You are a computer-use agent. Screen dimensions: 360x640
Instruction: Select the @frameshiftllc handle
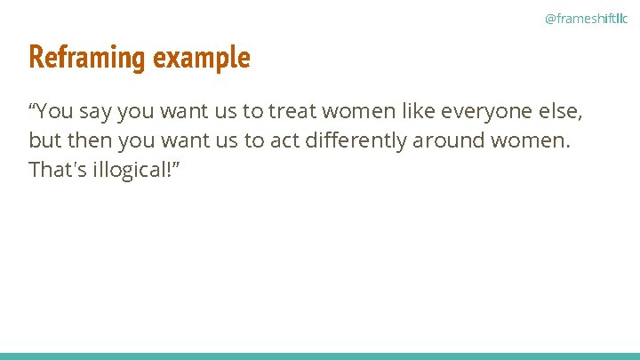click(586, 18)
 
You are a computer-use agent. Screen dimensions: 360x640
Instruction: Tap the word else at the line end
click(562, 112)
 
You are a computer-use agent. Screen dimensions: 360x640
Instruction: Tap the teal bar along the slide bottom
click(320, 356)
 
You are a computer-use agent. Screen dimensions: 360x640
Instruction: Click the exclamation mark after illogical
click(165, 169)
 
